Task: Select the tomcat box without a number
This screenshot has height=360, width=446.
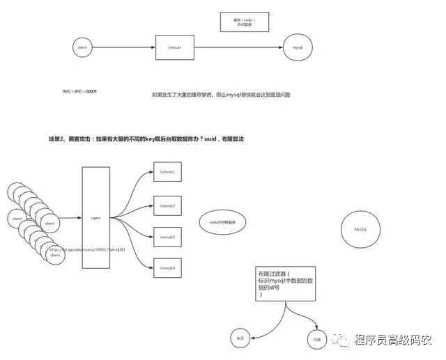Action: (x=175, y=48)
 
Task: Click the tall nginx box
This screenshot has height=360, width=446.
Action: (x=97, y=217)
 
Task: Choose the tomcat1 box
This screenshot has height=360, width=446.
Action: (x=167, y=171)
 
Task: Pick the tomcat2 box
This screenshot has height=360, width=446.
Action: (x=167, y=206)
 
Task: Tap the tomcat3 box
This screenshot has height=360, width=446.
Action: (x=167, y=237)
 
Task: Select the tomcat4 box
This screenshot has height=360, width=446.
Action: (x=167, y=268)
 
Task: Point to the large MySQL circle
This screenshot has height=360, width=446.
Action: (x=360, y=228)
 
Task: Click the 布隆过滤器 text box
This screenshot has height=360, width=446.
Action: (x=285, y=284)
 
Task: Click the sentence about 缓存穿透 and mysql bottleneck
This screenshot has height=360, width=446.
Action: (x=220, y=93)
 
